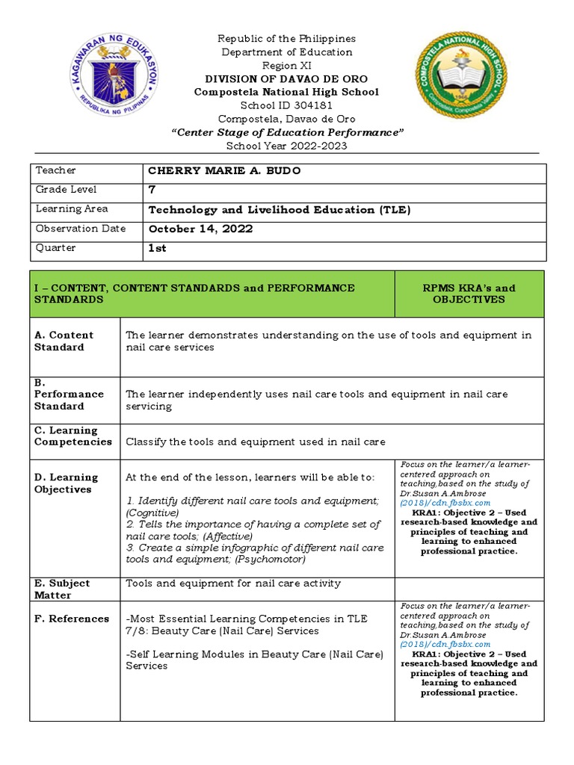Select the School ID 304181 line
click(287, 105)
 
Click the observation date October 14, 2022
click(200, 229)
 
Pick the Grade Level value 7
click(152, 191)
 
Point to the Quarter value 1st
click(157, 249)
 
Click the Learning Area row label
click(71, 209)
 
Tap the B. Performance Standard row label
click(69, 394)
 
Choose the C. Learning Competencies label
click(73, 436)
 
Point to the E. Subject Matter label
click(62, 589)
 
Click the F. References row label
click(72, 619)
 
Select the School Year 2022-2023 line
click(287, 146)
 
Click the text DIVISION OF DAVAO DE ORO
click(287, 79)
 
